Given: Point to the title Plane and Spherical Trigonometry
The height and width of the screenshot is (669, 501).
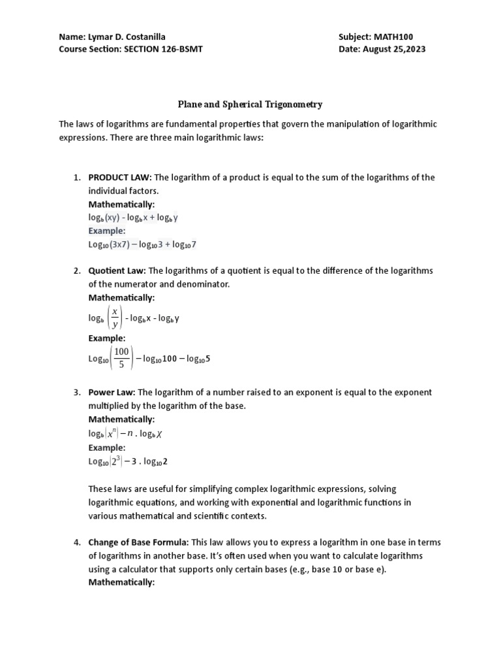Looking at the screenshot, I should point(250,104).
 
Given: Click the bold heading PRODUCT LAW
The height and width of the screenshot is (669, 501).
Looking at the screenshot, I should point(119,178).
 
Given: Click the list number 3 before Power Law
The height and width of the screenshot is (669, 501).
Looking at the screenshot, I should point(76,392).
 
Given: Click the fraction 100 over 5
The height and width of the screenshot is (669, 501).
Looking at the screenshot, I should point(121,358).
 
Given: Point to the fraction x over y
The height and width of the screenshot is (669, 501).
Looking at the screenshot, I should point(115,318).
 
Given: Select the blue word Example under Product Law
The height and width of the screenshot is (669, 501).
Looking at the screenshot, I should point(107,231).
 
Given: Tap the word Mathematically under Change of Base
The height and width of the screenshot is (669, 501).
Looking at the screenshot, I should point(121,583).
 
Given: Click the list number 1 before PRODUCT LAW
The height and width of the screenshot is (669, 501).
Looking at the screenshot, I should point(76,178).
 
